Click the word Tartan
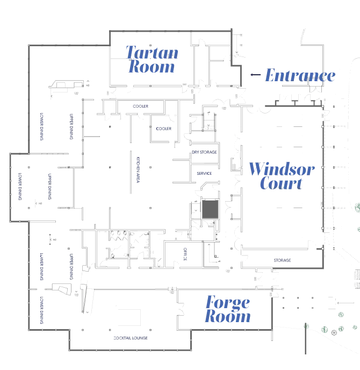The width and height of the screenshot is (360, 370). [x=152, y=53]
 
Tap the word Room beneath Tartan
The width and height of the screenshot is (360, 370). [x=152, y=67]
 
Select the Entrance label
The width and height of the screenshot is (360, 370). [x=300, y=75]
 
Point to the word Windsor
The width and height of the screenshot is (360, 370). [x=282, y=169]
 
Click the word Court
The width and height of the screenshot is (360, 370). [x=280, y=183]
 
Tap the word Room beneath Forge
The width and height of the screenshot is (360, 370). [x=228, y=316]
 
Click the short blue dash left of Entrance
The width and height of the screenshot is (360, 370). [x=255, y=76]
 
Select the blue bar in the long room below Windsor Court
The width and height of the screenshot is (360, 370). [x=281, y=260]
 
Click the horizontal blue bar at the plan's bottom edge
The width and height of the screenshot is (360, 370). [x=131, y=338]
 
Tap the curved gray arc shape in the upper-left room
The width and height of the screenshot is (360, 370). [x=68, y=86]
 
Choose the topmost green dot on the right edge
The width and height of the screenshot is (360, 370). [x=356, y=207]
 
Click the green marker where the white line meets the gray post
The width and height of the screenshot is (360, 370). [x=307, y=326]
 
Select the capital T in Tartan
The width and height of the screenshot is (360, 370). [x=131, y=53]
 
